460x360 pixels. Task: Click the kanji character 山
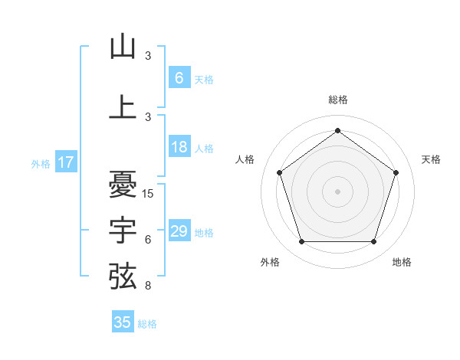coord(123,47)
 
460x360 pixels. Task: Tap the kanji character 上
coord(123,107)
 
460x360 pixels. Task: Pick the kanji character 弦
coord(123,276)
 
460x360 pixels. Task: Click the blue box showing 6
coord(179,78)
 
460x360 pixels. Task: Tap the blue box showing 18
coord(179,148)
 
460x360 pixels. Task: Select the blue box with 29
coord(179,231)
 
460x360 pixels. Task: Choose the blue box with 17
coord(65,162)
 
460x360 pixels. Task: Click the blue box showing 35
coord(123,322)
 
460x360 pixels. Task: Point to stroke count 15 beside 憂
coord(149,193)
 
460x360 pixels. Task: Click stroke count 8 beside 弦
coord(147,285)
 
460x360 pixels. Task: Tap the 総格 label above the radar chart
coord(337,100)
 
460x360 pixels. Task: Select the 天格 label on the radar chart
coord(431,159)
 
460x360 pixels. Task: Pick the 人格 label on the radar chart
coord(245,159)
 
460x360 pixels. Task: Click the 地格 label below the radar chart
coord(402,262)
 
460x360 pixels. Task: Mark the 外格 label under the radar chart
coord(270,262)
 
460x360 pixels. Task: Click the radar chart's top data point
coord(337,130)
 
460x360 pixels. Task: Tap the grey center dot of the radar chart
coord(337,191)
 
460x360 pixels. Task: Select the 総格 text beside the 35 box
coord(147,324)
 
